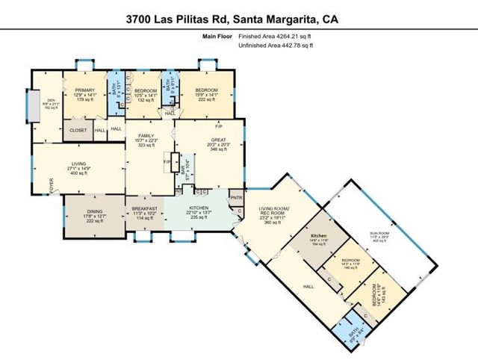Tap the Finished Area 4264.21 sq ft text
274,36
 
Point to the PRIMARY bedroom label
84,90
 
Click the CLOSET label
78,130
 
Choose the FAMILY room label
145,136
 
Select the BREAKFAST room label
144,208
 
